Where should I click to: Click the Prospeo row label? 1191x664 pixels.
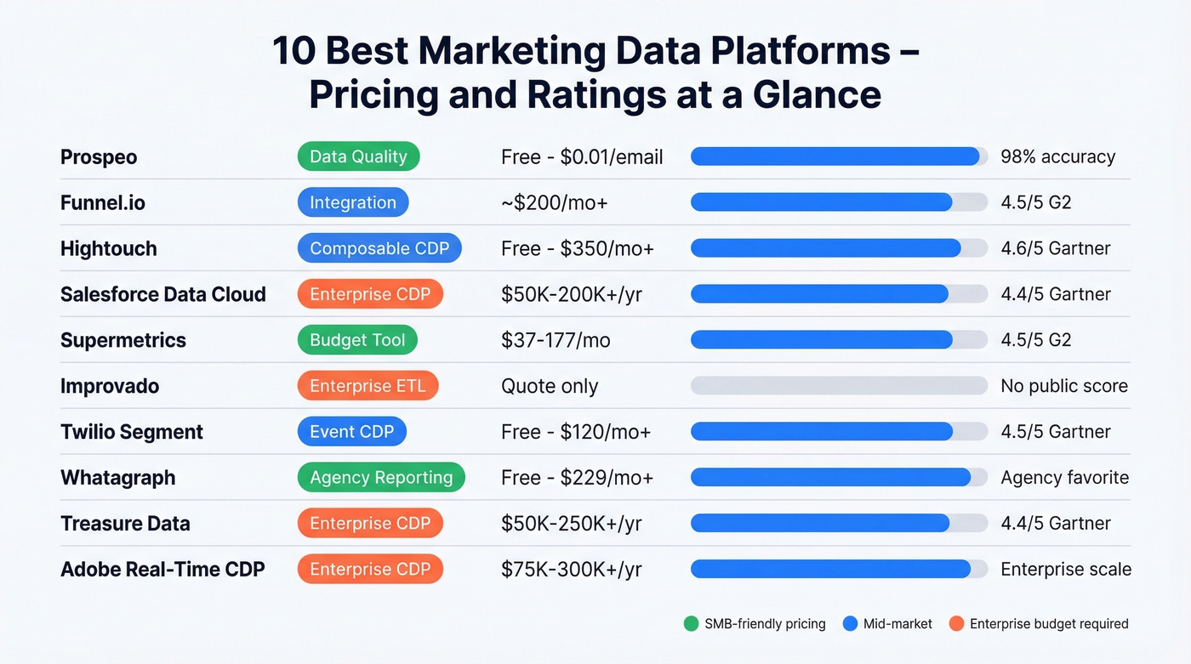[x=99, y=157]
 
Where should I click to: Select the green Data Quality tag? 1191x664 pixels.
[x=358, y=156]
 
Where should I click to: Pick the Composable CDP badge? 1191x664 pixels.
[x=379, y=248]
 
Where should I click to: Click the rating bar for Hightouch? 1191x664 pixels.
[x=838, y=248]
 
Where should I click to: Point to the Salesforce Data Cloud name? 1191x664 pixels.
[x=163, y=294]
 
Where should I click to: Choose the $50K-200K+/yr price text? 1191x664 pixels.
[x=571, y=294]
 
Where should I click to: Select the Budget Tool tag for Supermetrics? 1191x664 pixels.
[x=357, y=340]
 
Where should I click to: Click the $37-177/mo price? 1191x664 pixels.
[x=556, y=340]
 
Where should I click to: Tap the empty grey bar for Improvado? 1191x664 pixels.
[x=838, y=386]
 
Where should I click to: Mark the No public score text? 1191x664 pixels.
[x=1064, y=386]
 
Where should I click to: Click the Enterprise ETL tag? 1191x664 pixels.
[x=368, y=386]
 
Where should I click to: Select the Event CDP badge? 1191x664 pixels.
[x=351, y=432]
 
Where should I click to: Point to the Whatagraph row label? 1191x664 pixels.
[x=118, y=478]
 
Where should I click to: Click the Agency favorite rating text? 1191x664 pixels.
[x=1064, y=478]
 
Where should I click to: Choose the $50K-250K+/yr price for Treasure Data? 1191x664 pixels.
[x=571, y=524]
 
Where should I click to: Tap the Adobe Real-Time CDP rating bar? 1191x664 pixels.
[x=838, y=570]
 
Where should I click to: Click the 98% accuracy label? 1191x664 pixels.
[x=1057, y=157]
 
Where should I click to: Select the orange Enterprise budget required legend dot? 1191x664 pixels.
[x=956, y=624]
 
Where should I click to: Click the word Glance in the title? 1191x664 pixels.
[x=817, y=94]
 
